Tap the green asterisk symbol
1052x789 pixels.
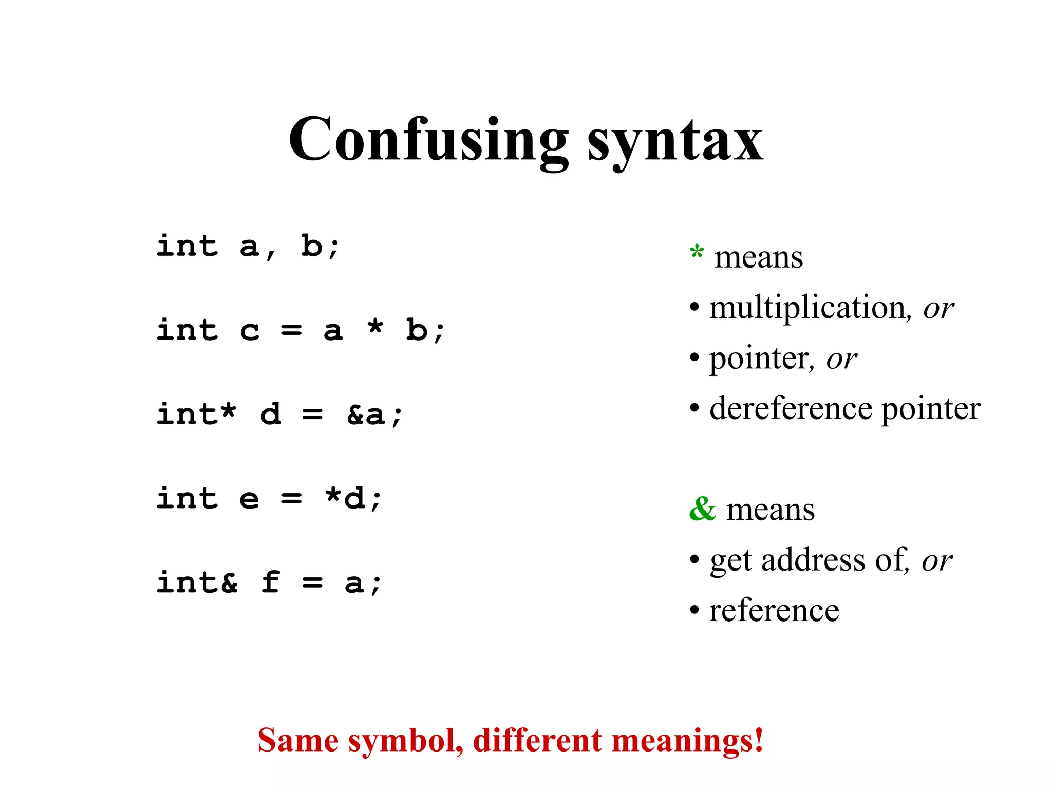tap(697, 253)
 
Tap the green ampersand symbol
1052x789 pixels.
tap(702, 509)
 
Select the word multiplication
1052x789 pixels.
tap(807, 308)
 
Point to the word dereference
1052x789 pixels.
tap(791, 409)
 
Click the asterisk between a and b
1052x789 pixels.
tap(375, 327)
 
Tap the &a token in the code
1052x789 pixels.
tap(366, 414)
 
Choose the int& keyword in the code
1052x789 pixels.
tap(197, 582)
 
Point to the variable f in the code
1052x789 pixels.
tap(271, 582)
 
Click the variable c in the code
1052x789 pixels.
tap(250, 331)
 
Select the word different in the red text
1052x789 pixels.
tap(538, 740)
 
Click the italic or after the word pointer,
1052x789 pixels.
tap(841, 359)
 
